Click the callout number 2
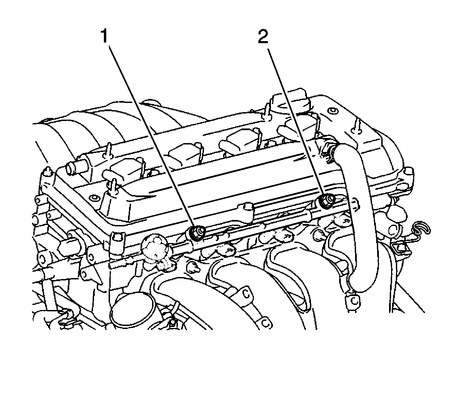[x=263, y=37]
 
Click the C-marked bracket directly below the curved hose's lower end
[x=352, y=300]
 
